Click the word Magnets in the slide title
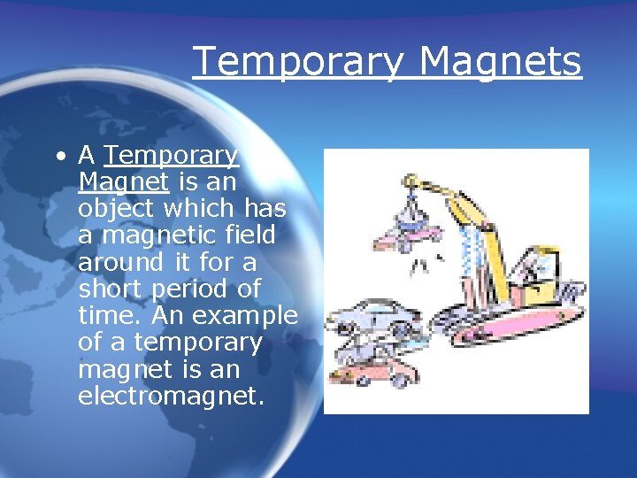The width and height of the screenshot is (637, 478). pos(500,62)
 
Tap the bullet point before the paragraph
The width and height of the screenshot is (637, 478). pos(58,157)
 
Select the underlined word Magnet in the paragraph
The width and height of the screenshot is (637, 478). pos(123,182)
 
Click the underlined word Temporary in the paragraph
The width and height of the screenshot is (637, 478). pos(172,156)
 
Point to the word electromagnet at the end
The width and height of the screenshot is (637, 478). pos(171,395)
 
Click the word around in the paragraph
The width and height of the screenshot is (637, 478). pos(120,262)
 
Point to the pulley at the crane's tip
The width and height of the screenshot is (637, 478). pos(410,181)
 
